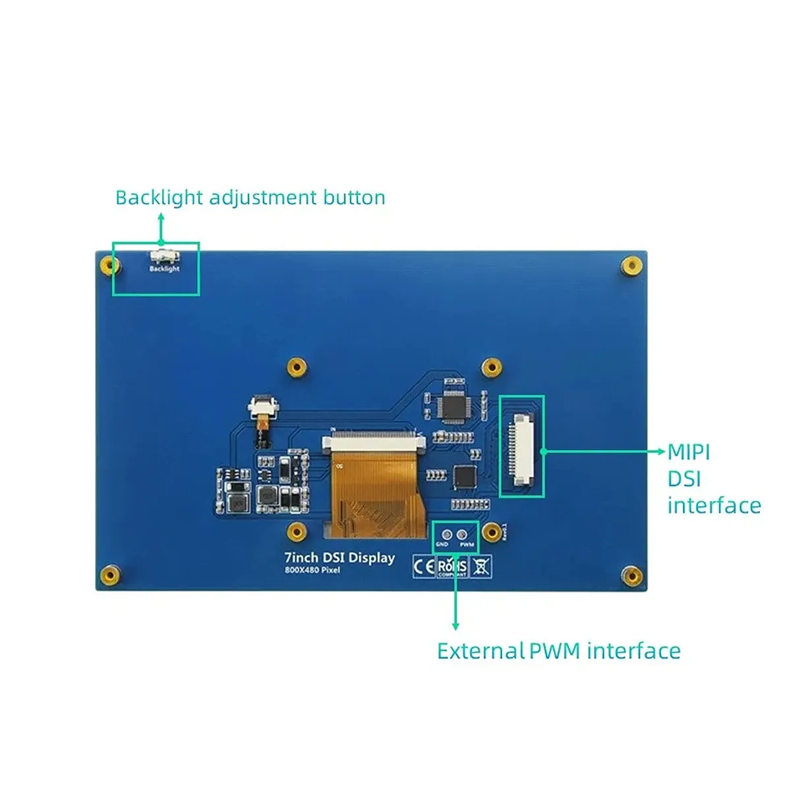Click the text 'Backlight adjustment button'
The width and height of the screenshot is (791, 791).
(250, 198)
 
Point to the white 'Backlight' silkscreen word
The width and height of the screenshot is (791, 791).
(164, 269)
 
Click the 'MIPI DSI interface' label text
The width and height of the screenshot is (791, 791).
(713, 479)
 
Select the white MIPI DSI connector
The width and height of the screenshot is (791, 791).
(521, 447)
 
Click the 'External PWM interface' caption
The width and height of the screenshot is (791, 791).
(558, 651)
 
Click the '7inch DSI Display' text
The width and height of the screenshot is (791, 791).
(339, 558)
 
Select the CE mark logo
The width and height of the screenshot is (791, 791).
(425, 566)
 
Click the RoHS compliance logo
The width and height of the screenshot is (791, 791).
(452, 567)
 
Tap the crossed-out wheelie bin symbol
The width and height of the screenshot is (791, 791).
(481, 566)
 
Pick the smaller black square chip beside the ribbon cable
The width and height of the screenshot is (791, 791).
(465, 477)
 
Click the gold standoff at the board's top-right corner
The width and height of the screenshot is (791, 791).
(631, 266)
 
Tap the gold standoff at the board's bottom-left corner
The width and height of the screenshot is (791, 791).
(110, 575)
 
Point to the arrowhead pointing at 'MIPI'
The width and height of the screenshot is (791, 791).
(662, 452)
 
